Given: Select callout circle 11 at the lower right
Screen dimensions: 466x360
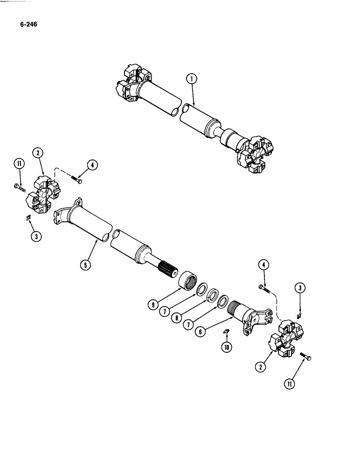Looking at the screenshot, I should coord(291,384).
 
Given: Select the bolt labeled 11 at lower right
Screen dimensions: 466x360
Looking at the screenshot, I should coord(306,357).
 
